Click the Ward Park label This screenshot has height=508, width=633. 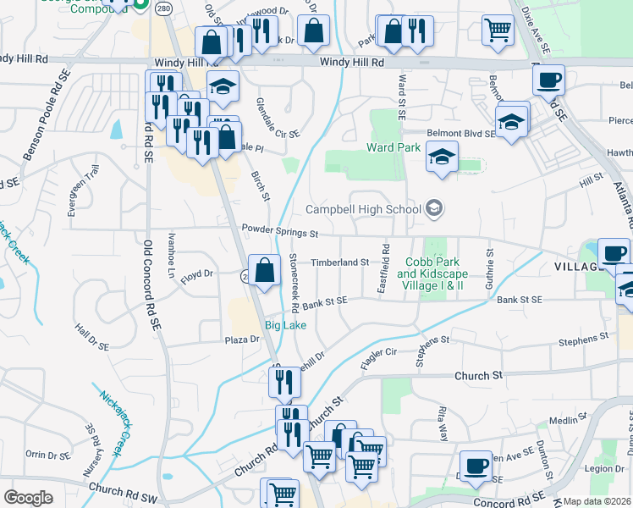pos(394,147)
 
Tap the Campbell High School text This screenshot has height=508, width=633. pos(363,209)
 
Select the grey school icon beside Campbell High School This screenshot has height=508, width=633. pos(434,208)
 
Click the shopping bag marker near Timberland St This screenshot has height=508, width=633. pos(265,271)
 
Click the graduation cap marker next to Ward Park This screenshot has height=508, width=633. pos(441,157)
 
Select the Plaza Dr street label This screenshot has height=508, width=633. pos(241,340)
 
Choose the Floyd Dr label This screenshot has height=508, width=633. pos(194,274)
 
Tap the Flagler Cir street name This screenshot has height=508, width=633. pos(378,356)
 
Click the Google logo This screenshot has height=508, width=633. pos(28,498)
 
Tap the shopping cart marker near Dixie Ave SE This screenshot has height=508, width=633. pos(498,30)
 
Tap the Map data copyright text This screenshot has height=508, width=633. pos(597,501)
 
